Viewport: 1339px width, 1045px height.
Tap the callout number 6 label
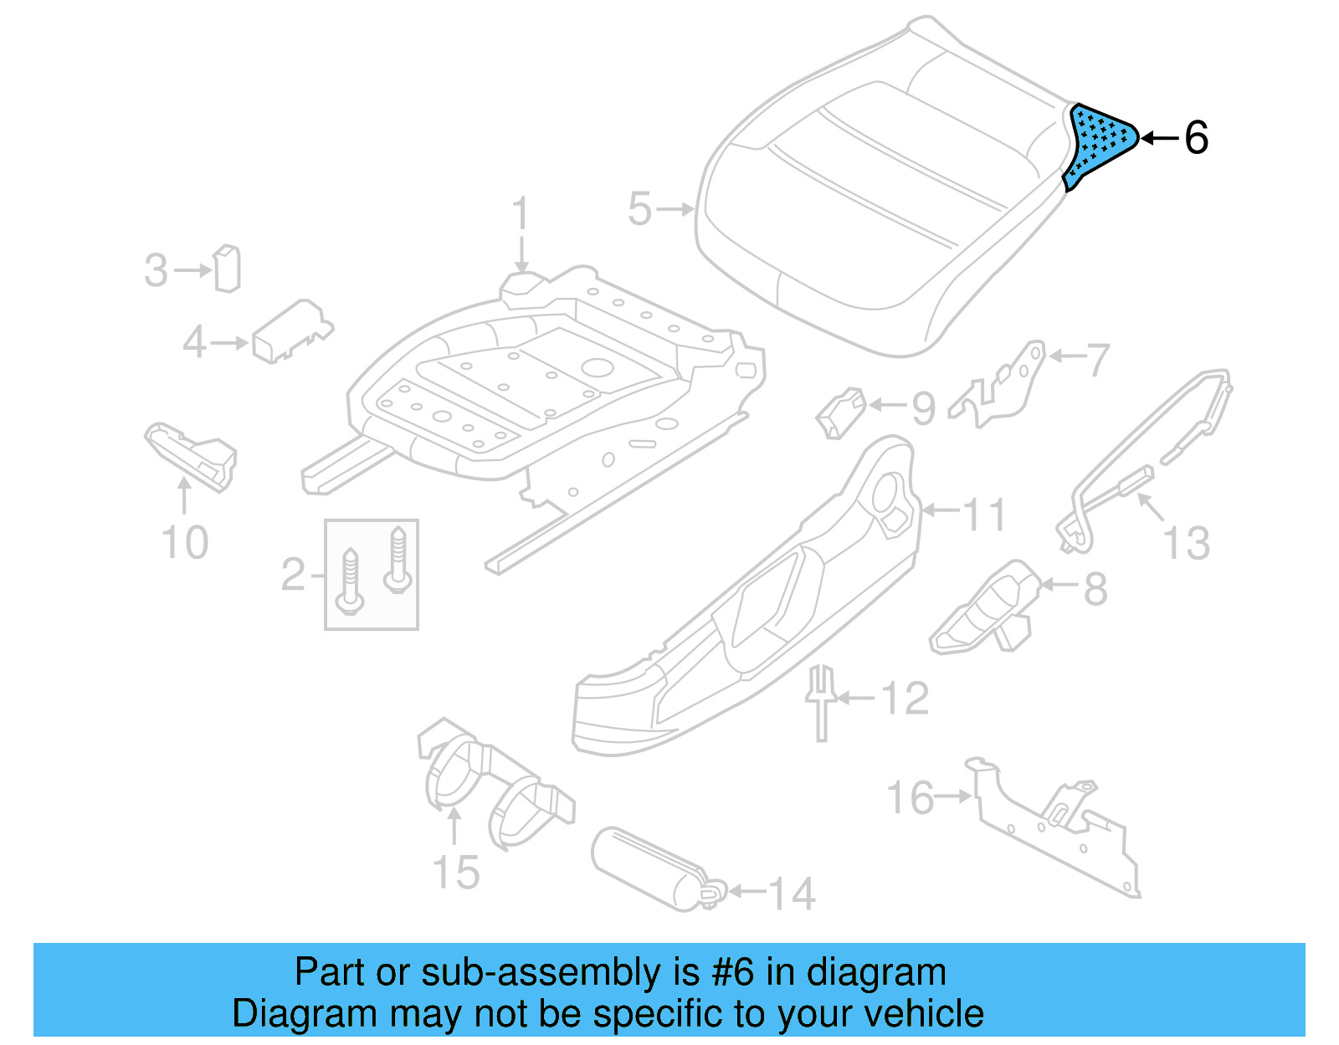pyautogui.click(x=1197, y=138)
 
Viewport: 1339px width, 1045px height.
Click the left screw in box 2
pyautogui.click(x=349, y=581)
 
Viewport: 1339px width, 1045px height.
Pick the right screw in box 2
pyautogui.click(x=398, y=558)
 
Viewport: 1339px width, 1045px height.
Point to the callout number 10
pyautogui.click(x=185, y=543)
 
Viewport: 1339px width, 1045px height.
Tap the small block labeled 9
pyautogui.click(x=839, y=412)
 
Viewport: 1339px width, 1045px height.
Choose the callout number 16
pyautogui.click(x=911, y=797)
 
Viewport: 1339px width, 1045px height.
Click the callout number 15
pyautogui.click(x=456, y=872)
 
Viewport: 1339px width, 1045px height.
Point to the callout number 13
pyautogui.click(x=1187, y=543)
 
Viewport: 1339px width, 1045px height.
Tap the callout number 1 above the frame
pyautogui.click(x=521, y=214)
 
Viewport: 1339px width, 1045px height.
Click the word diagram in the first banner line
pyautogui.click(x=876, y=973)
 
